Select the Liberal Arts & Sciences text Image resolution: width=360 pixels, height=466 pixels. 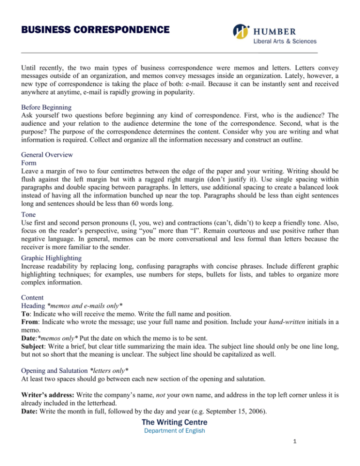pos(285,42)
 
